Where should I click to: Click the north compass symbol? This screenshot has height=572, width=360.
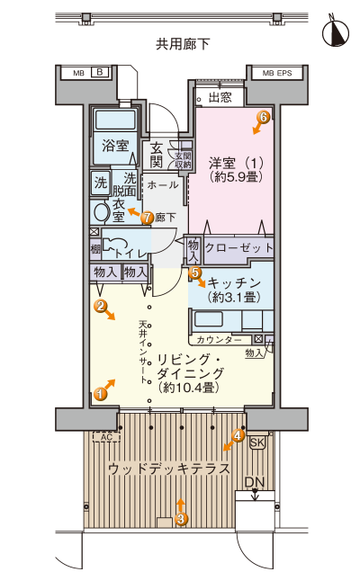pyautogui.click(x=335, y=32)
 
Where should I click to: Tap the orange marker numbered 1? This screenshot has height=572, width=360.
pyautogui.click(x=100, y=394)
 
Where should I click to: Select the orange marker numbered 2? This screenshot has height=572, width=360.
pyautogui.click(x=100, y=306)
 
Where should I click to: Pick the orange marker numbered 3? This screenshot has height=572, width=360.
pyautogui.click(x=182, y=518)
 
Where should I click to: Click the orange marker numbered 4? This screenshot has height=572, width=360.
pyautogui.click(x=238, y=435)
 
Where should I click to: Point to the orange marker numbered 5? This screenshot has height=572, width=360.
pyautogui.click(x=194, y=272)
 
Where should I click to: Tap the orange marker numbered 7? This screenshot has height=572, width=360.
pyautogui.click(x=147, y=218)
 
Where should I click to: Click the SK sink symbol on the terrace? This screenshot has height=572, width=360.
pyautogui.click(x=257, y=442)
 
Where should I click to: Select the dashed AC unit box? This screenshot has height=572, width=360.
pyautogui.click(x=107, y=437)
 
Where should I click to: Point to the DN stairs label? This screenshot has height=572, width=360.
pyautogui.click(x=255, y=482)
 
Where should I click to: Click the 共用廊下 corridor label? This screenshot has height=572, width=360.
pyautogui.click(x=183, y=44)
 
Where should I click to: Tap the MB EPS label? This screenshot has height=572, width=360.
pyautogui.click(x=277, y=74)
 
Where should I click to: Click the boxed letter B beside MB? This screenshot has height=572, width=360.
pyautogui.click(x=100, y=72)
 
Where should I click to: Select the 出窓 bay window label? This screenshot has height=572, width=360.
pyautogui.click(x=220, y=97)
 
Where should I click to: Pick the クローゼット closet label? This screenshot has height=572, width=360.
pyautogui.click(x=239, y=248)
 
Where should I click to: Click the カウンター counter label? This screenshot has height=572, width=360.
pyautogui.click(x=219, y=340)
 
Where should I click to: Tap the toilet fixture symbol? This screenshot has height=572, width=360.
pyautogui.click(x=114, y=245)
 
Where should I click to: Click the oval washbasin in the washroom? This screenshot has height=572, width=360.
pyautogui.click(x=101, y=211)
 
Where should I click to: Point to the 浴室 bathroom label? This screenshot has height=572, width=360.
pyautogui.click(x=115, y=146)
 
